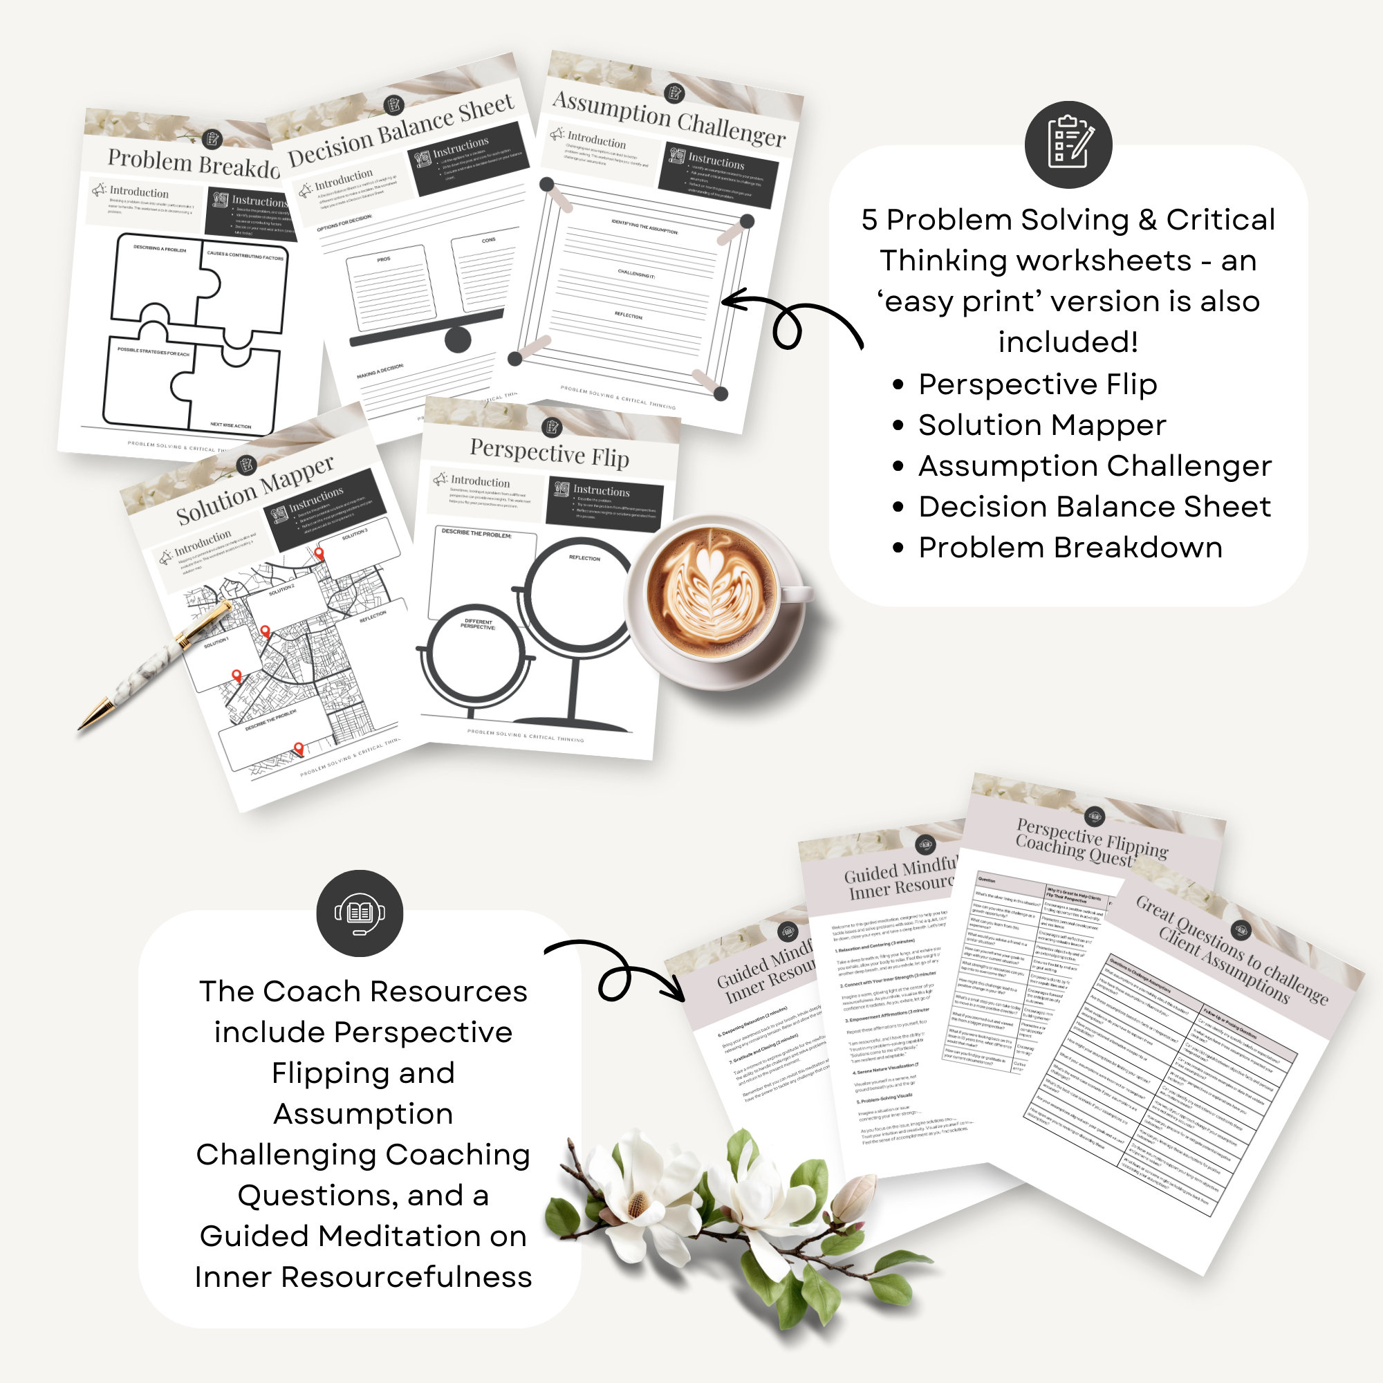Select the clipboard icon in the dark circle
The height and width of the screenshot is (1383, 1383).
coord(1068,144)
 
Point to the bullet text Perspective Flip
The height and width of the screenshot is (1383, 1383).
coord(1037,384)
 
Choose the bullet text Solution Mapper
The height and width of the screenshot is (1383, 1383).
coord(1041,425)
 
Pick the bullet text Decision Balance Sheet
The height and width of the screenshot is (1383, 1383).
coord(1095,507)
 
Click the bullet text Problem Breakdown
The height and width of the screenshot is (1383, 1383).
coord(1070,548)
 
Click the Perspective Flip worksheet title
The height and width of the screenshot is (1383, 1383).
coord(549,452)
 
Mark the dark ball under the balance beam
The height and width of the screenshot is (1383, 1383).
coord(457,340)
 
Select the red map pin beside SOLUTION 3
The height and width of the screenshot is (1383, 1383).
coord(319,553)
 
